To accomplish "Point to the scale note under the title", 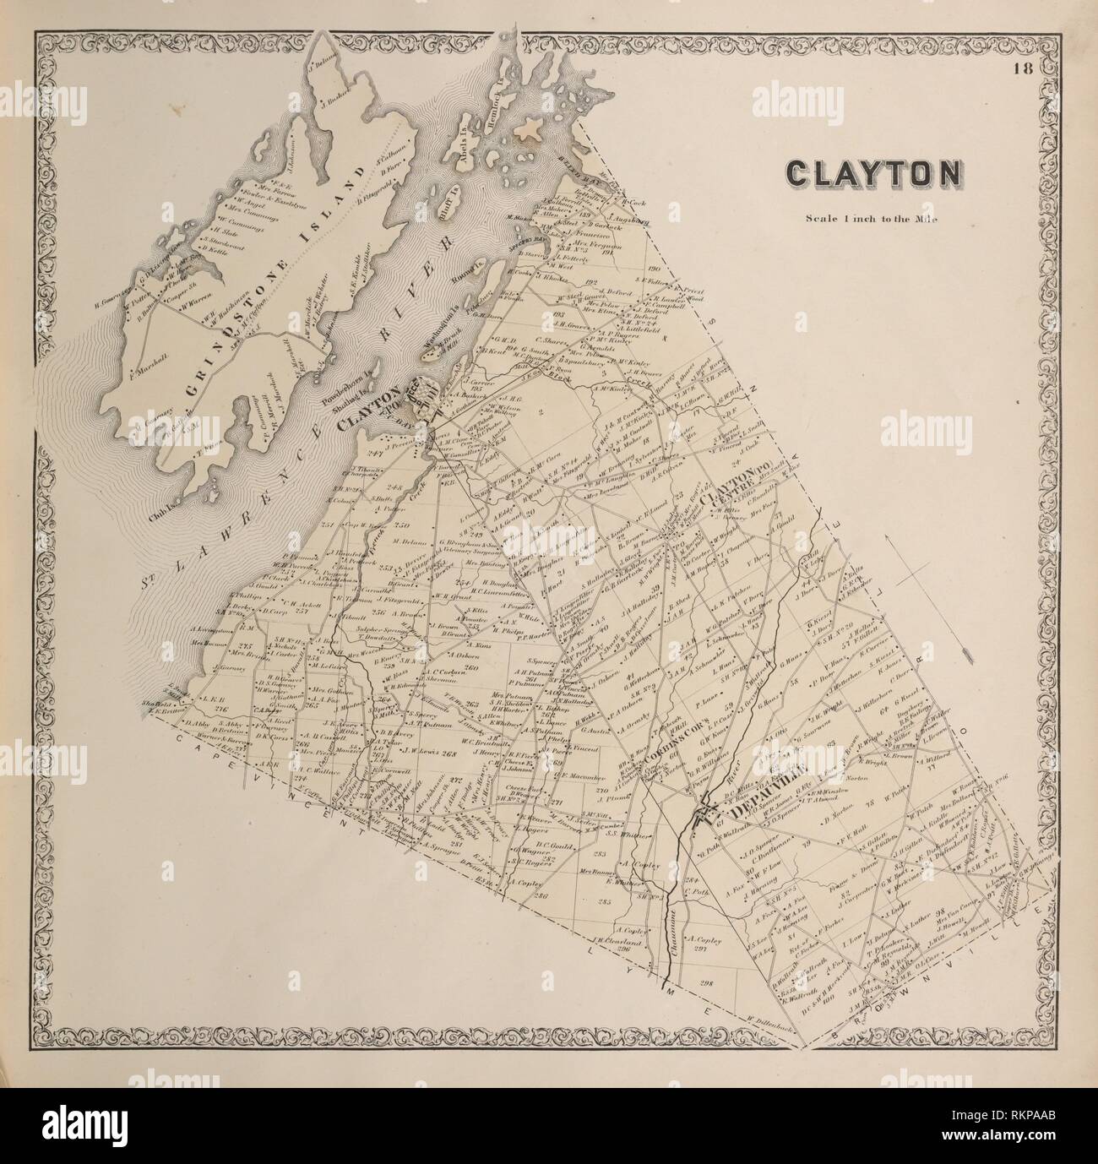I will [872, 217].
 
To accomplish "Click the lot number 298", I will [707, 983].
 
